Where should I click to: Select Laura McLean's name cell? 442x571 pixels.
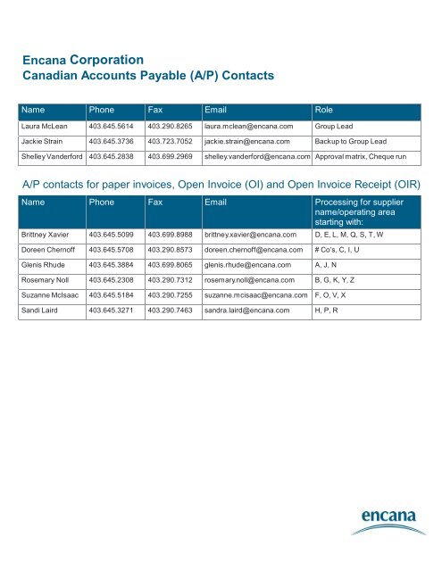(50, 127)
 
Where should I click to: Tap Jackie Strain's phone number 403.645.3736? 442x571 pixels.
(112, 142)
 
